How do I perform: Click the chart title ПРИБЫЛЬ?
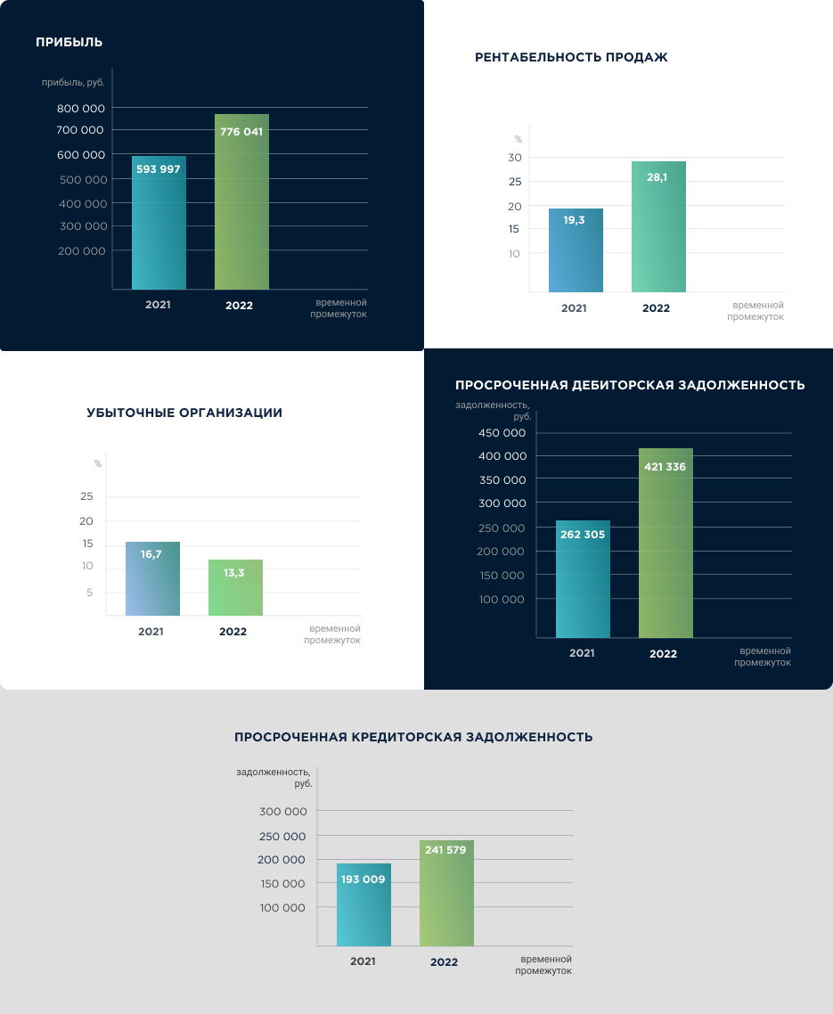click(x=69, y=42)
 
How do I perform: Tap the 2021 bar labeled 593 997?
click(x=159, y=224)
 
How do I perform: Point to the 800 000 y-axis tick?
click(x=82, y=108)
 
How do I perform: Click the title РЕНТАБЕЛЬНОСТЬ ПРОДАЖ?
click(x=571, y=58)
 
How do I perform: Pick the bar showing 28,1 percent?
click(x=658, y=227)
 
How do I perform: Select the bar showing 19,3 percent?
click(x=574, y=250)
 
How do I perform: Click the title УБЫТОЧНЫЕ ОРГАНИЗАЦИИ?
click(x=184, y=413)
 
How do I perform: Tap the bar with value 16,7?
click(x=151, y=579)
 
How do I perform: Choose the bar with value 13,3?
click(x=234, y=588)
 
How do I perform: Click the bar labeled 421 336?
click(x=666, y=544)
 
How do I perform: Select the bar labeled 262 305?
click(x=583, y=579)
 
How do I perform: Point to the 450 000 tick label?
click(x=502, y=433)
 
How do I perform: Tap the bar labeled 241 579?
click(x=446, y=894)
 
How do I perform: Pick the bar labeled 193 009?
click(x=363, y=905)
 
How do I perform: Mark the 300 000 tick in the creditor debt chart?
click(x=283, y=812)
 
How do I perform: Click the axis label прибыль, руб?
click(x=73, y=83)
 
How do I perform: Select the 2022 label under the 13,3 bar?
click(x=233, y=631)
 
